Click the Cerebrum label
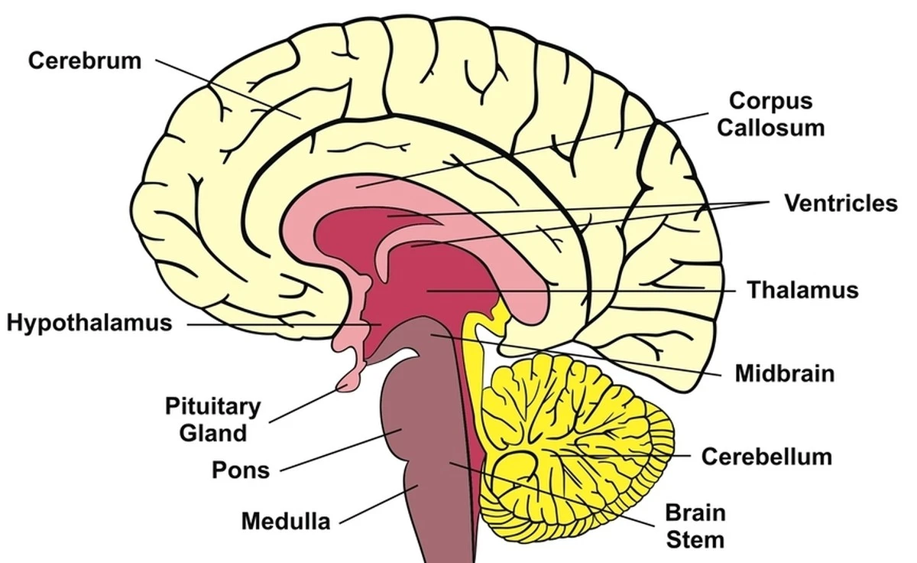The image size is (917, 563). tap(85, 60)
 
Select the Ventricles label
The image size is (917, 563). tap(841, 203)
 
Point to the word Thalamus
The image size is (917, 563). tap(802, 291)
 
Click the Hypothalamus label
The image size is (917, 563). tap(89, 323)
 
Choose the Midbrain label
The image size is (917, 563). tap(784, 373)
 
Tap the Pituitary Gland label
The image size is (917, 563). tap(213, 419)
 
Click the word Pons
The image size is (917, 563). tap(241, 469)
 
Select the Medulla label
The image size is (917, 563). tap(286, 521)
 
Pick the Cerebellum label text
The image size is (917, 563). tap(766, 457)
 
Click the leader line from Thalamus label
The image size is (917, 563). tap(581, 291)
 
